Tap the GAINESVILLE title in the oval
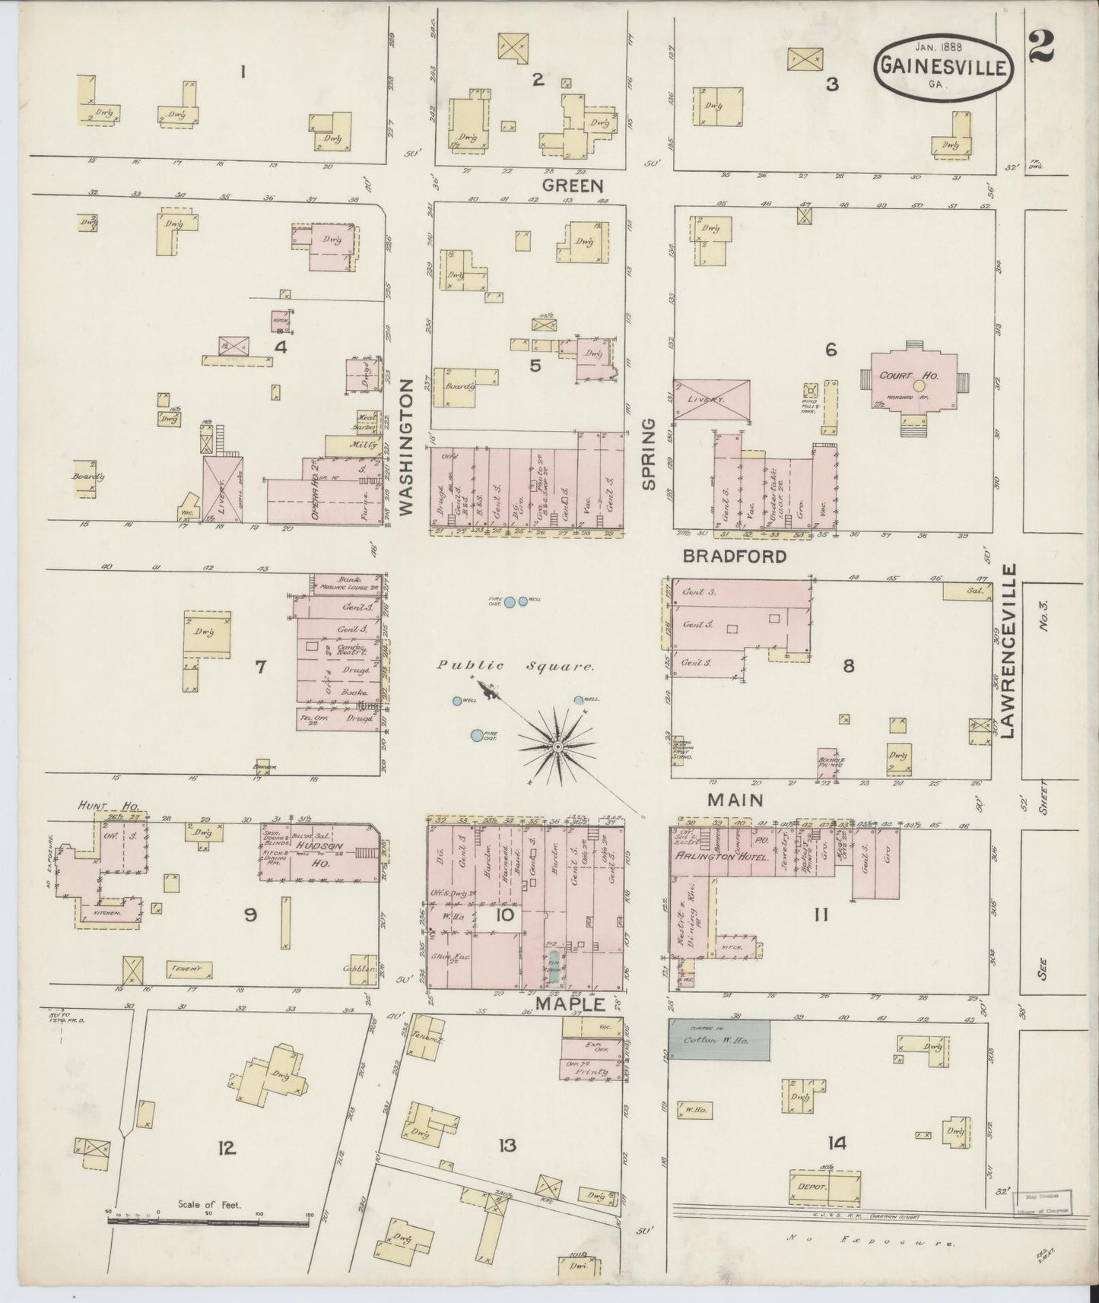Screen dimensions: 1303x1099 point(946,67)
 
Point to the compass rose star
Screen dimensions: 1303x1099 point(557,747)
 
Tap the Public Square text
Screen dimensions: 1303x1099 point(515,666)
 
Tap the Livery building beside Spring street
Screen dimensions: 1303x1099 point(712,399)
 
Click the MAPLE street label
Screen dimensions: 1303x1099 point(569,1004)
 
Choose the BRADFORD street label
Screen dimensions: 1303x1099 point(734,556)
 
